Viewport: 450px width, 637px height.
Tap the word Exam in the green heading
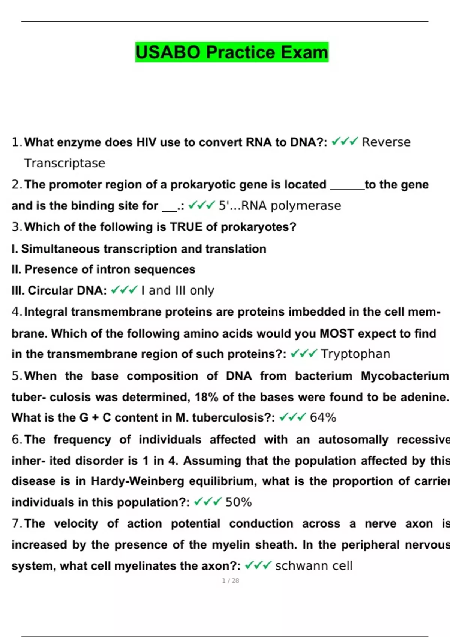(x=304, y=52)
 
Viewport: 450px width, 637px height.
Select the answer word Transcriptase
(x=64, y=163)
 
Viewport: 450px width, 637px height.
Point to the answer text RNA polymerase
(x=291, y=206)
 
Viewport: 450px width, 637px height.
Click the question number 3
(x=16, y=227)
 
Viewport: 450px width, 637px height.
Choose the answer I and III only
(x=178, y=290)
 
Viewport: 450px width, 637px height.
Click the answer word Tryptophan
(x=355, y=354)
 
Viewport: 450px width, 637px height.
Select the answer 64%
(x=323, y=417)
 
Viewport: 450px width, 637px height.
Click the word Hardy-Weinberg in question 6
(x=137, y=481)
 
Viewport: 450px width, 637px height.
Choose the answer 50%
(x=238, y=502)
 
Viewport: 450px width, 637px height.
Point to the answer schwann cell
(x=314, y=565)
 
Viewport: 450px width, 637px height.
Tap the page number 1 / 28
(x=230, y=580)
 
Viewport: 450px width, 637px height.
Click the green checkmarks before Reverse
(x=345, y=142)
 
